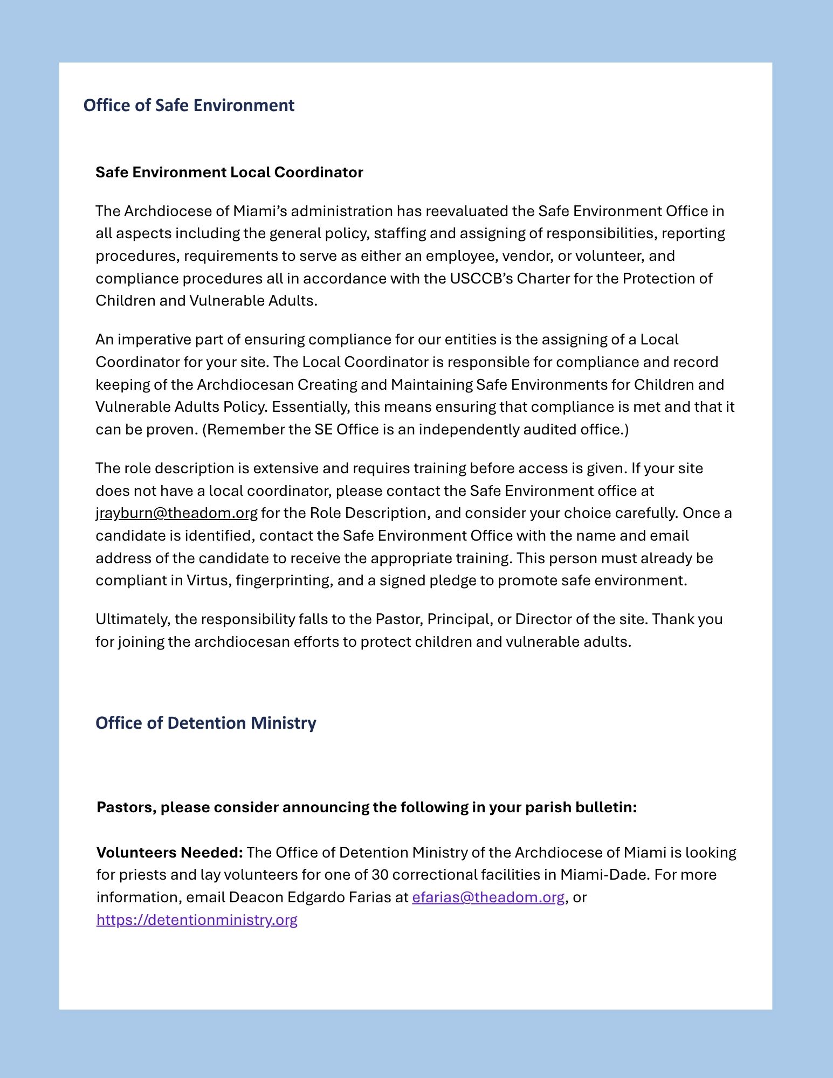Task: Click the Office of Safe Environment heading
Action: coord(189,105)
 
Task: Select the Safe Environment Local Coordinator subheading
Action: coord(229,172)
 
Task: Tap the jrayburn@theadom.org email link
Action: coord(176,513)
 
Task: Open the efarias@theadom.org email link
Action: coord(488,897)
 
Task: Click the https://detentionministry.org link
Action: coord(197,920)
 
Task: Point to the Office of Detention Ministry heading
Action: coord(205,723)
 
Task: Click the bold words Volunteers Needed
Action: coord(169,853)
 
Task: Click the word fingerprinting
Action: coord(284,581)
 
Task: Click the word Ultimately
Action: coord(132,619)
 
